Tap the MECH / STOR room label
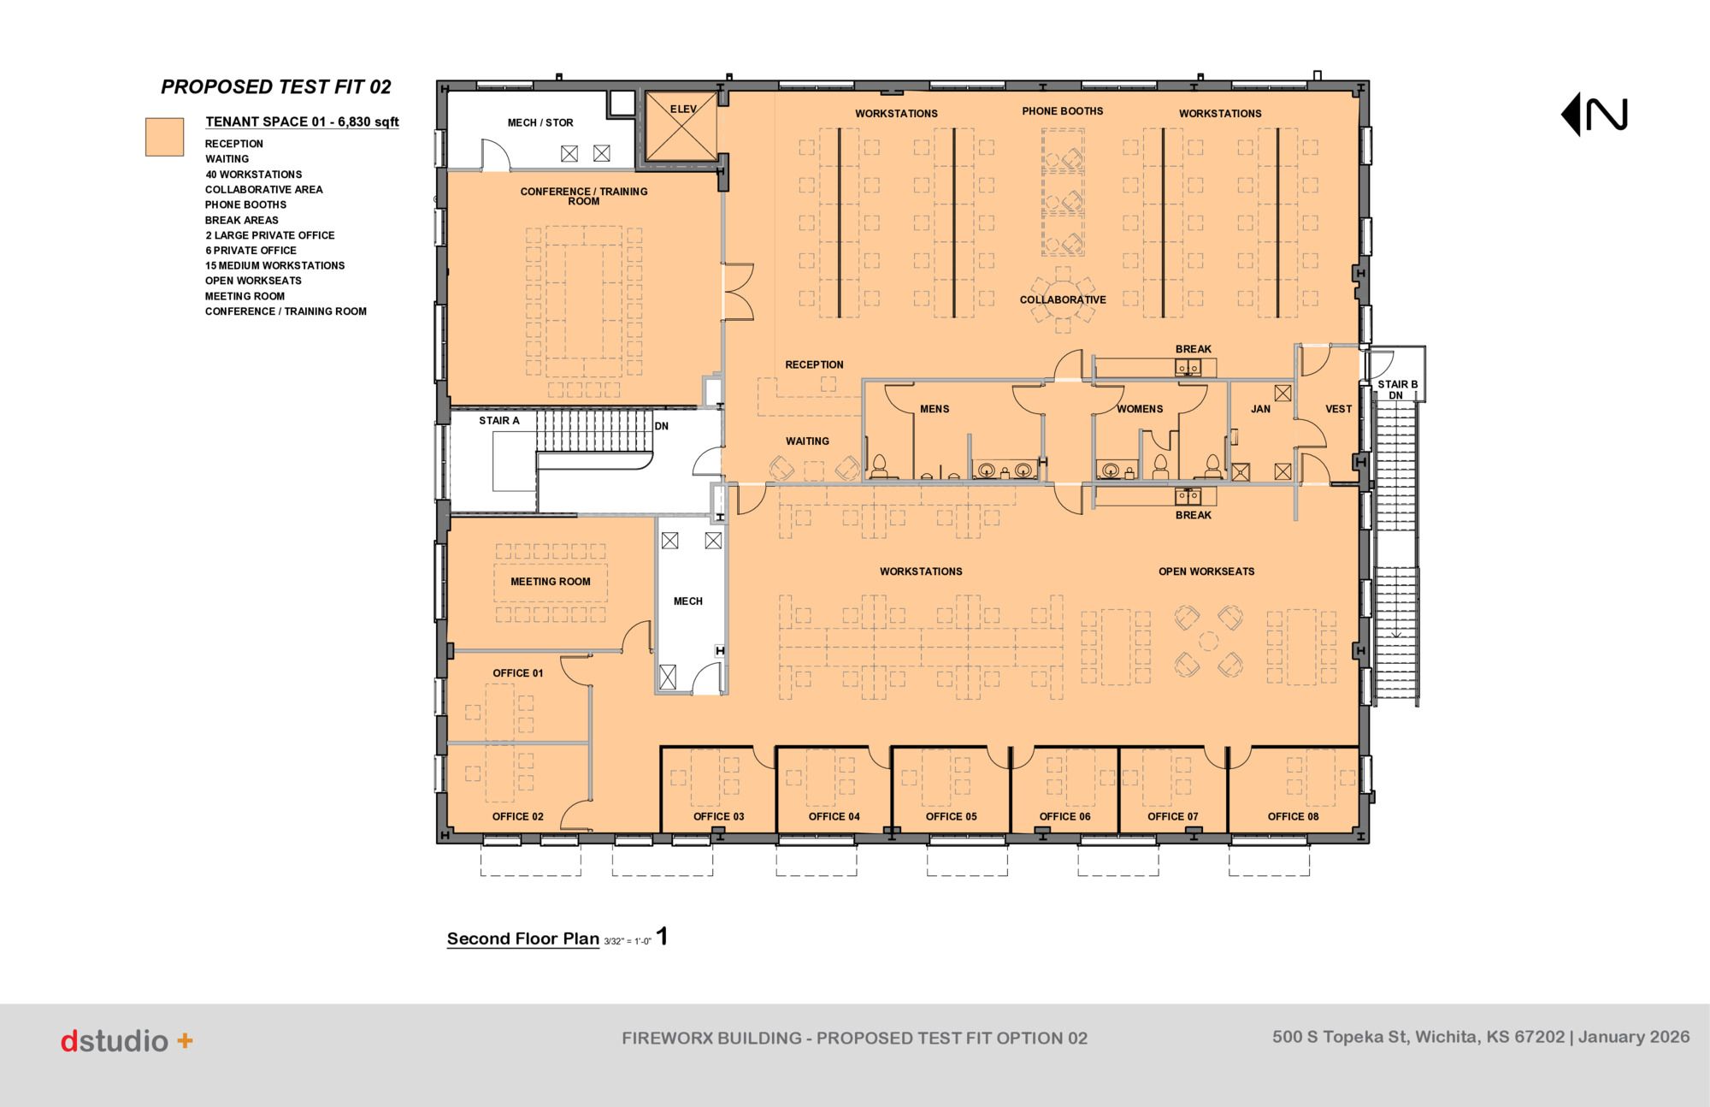(x=540, y=123)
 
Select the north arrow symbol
(x=1594, y=115)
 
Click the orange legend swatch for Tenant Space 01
(x=164, y=137)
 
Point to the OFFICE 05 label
(x=951, y=817)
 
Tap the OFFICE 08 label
(x=1293, y=817)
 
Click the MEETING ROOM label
(x=551, y=582)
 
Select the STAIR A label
(x=499, y=421)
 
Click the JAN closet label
(x=1260, y=409)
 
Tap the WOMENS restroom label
(x=1140, y=409)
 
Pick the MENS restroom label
(x=935, y=409)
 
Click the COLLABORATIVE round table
(x=1063, y=299)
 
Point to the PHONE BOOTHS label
(x=1063, y=111)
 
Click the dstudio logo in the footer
(x=127, y=1041)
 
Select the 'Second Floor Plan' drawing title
(x=523, y=938)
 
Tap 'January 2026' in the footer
(x=1634, y=1037)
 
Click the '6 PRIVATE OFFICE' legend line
(x=251, y=251)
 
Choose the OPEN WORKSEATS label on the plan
(x=1206, y=571)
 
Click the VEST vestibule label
(x=1339, y=409)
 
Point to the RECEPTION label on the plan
(x=814, y=364)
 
